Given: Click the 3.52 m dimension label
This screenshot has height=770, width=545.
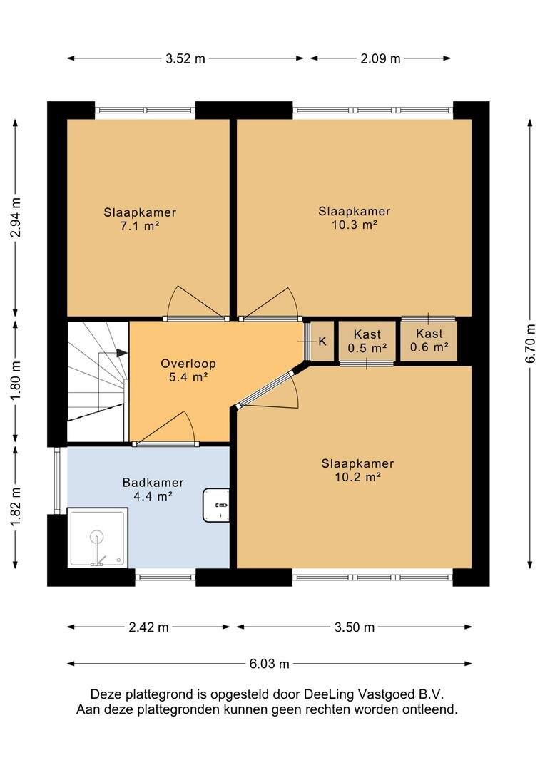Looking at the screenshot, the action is (185, 59).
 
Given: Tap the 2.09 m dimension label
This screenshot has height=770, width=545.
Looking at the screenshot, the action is (380, 59).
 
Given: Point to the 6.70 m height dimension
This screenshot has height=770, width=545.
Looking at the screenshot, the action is (530, 343).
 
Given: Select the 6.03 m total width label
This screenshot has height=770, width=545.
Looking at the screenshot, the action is (270, 664).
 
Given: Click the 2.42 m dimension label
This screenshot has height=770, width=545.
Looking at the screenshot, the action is (148, 627).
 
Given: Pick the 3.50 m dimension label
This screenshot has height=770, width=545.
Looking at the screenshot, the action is (355, 627).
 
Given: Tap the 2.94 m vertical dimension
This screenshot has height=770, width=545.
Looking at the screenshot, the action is (16, 217).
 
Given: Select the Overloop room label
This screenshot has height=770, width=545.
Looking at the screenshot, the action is (188, 364).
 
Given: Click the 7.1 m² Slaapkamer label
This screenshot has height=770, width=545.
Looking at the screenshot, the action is (140, 220).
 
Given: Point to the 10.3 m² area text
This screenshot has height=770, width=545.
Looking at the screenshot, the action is (355, 225).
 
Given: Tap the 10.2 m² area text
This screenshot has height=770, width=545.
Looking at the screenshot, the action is (358, 477).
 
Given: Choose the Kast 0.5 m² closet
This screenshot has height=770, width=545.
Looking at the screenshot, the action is (367, 342).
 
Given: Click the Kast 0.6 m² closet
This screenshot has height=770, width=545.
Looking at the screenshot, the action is (429, 341).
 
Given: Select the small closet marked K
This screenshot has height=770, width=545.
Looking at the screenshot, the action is (322, 342).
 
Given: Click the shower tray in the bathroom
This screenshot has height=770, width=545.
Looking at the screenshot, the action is (98, 538).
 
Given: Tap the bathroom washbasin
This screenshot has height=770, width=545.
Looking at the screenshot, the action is (217, 505).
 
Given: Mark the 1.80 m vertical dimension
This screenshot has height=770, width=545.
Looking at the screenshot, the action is (16, 380).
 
